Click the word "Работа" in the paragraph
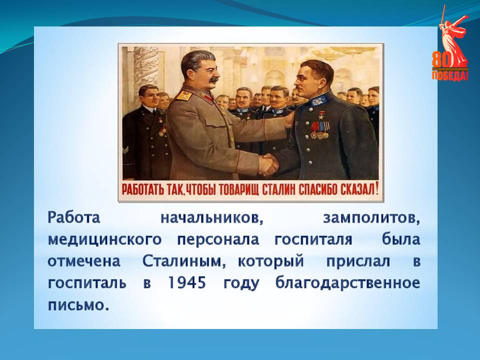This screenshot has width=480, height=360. (74, 217)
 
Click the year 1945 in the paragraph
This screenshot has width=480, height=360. (187, 283)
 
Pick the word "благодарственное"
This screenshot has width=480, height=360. (348, 283)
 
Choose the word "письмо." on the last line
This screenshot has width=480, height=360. (78, 305)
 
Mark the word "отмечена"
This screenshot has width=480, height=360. (84, 261)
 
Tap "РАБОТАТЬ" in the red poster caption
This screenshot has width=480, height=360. (143, 190)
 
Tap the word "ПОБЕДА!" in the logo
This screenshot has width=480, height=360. (449, 75)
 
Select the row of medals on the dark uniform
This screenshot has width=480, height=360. (320, 130)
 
